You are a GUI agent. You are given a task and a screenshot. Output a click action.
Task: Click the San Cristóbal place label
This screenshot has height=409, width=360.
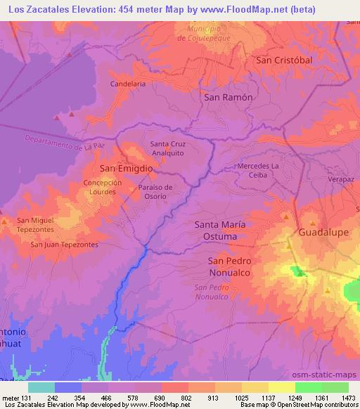[x=283, y=60]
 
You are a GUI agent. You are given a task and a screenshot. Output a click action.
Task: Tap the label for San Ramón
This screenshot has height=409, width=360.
[x=228, y=98]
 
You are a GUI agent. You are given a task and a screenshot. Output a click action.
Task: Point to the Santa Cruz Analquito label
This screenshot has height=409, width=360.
[x=167, y=148]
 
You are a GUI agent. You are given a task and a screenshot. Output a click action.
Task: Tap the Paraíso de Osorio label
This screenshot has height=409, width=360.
[x=153, y=192]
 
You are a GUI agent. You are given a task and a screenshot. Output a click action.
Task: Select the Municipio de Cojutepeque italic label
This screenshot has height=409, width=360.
[x=204, y=33]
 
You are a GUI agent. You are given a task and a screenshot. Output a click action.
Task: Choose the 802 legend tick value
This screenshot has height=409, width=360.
[x=186, y=397]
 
